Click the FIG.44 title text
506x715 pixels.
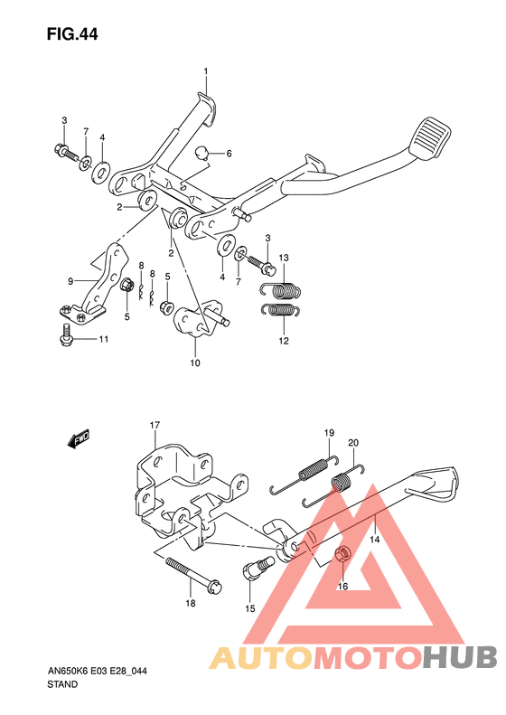coord(72,34)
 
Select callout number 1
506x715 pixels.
coord(206,71)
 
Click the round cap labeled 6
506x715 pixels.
coord(201,153)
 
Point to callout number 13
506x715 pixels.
coord(284,258)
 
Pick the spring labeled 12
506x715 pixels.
coord(281,310)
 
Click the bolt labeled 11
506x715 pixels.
coord(67,334)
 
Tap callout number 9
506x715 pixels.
coord(70,282)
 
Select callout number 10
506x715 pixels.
coord(195,363)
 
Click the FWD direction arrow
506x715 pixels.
coord(79,438)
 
